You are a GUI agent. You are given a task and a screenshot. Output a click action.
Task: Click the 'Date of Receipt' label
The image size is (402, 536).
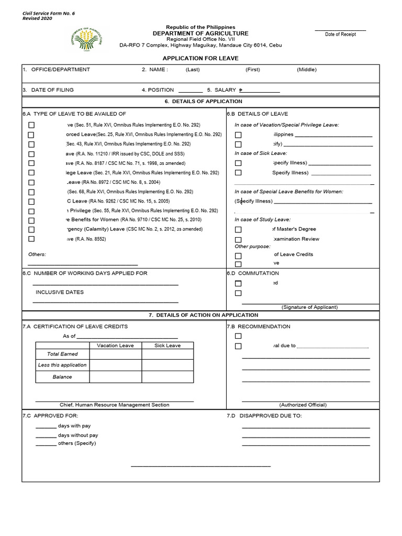(x=340, y=35)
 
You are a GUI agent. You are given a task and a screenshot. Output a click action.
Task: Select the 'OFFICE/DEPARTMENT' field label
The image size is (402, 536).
(x=60, y=70)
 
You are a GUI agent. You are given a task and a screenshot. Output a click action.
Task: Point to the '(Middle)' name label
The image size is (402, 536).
(x=307, y=70)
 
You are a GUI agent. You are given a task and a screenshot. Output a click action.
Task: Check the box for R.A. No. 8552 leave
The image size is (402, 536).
(x=31, y=239)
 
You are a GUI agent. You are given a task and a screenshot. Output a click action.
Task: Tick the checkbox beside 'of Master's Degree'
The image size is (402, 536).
(x=238, y=229)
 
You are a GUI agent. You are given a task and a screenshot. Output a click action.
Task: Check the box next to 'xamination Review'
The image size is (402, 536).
(x=238, y=239)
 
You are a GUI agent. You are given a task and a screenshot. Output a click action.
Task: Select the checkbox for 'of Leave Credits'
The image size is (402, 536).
(x=238, y=256)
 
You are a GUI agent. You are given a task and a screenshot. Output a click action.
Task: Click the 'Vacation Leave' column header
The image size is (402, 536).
(x=115, y=345)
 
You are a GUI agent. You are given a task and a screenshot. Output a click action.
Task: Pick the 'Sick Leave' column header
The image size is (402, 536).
(x=167, y=345)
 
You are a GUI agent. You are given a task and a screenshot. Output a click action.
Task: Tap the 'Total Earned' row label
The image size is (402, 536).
(x=62, y=354)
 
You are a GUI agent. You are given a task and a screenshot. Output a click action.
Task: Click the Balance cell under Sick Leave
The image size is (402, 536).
(x=167, y=377)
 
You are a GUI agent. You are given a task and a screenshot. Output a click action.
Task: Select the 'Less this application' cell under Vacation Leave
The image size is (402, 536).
(x=115, y=365)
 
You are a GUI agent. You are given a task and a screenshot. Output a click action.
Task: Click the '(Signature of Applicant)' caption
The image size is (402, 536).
(x=309, y=307)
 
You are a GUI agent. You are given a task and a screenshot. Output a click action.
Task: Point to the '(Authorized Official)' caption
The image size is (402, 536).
(x=303, y=405)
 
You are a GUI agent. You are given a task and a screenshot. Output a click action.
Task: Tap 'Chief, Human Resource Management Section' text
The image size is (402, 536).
(x=115, y=405)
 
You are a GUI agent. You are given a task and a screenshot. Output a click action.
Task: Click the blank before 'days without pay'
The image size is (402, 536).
(x=46, y=435)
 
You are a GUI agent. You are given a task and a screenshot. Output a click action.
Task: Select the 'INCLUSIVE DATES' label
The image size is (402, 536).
(x=60, y=292)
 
